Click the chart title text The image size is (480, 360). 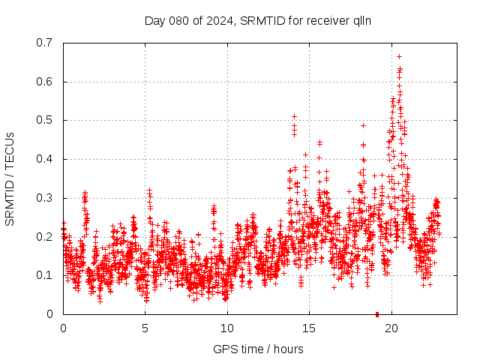click(258, 21)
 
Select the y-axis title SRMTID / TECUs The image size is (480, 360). click(10, 178)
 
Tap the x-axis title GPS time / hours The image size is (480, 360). click(258, 349)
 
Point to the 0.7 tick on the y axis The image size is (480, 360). click(44, 43)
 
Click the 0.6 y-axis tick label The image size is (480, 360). click(44, 82)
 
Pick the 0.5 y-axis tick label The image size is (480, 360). click(44, 120)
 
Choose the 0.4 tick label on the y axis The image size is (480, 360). click(44, 159)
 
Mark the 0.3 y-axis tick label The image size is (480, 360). click(44, 198)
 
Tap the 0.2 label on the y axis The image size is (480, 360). click(44, 236)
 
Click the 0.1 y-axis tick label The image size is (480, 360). click(44, 275)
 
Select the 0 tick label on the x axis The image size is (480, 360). click(63, 328)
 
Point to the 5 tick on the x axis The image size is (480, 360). click(145, 328)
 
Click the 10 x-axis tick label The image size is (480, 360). click(227, 328)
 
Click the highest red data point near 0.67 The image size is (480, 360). click(399, 56)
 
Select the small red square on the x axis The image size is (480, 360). click(377, 313)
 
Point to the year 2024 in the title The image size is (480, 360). click(220, 21)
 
